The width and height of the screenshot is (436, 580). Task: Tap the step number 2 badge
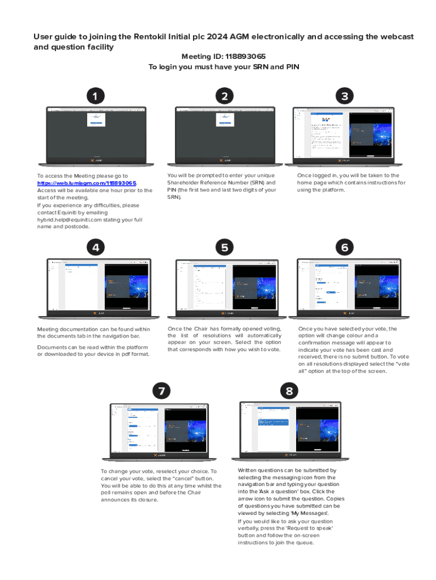pyautogui.click(x=225, y=96)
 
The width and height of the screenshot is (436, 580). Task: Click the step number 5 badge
pyautogui.click(x=225, y=248)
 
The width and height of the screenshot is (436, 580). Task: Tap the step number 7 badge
pyautogui.click(x=162, y=391)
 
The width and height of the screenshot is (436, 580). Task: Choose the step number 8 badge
pyautogui.click(x=289, y=391)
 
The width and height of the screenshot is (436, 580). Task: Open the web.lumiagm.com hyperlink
pyautogui.click(x=87, y=184)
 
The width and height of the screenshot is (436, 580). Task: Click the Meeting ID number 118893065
pyautogui.click(x=245, y=57)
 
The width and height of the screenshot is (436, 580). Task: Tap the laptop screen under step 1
pyautogui.click(x=96, y=131)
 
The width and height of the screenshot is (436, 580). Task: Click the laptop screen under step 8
pyautogui.click(x=289, y=428)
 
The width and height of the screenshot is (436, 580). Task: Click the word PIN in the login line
pyautogui.click(x=292, y=67)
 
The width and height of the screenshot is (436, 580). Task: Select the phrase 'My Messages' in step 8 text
pyautogui.click(x=311, y=513)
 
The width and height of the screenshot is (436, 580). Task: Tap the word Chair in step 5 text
pyautogui.click(x=202, y=329)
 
